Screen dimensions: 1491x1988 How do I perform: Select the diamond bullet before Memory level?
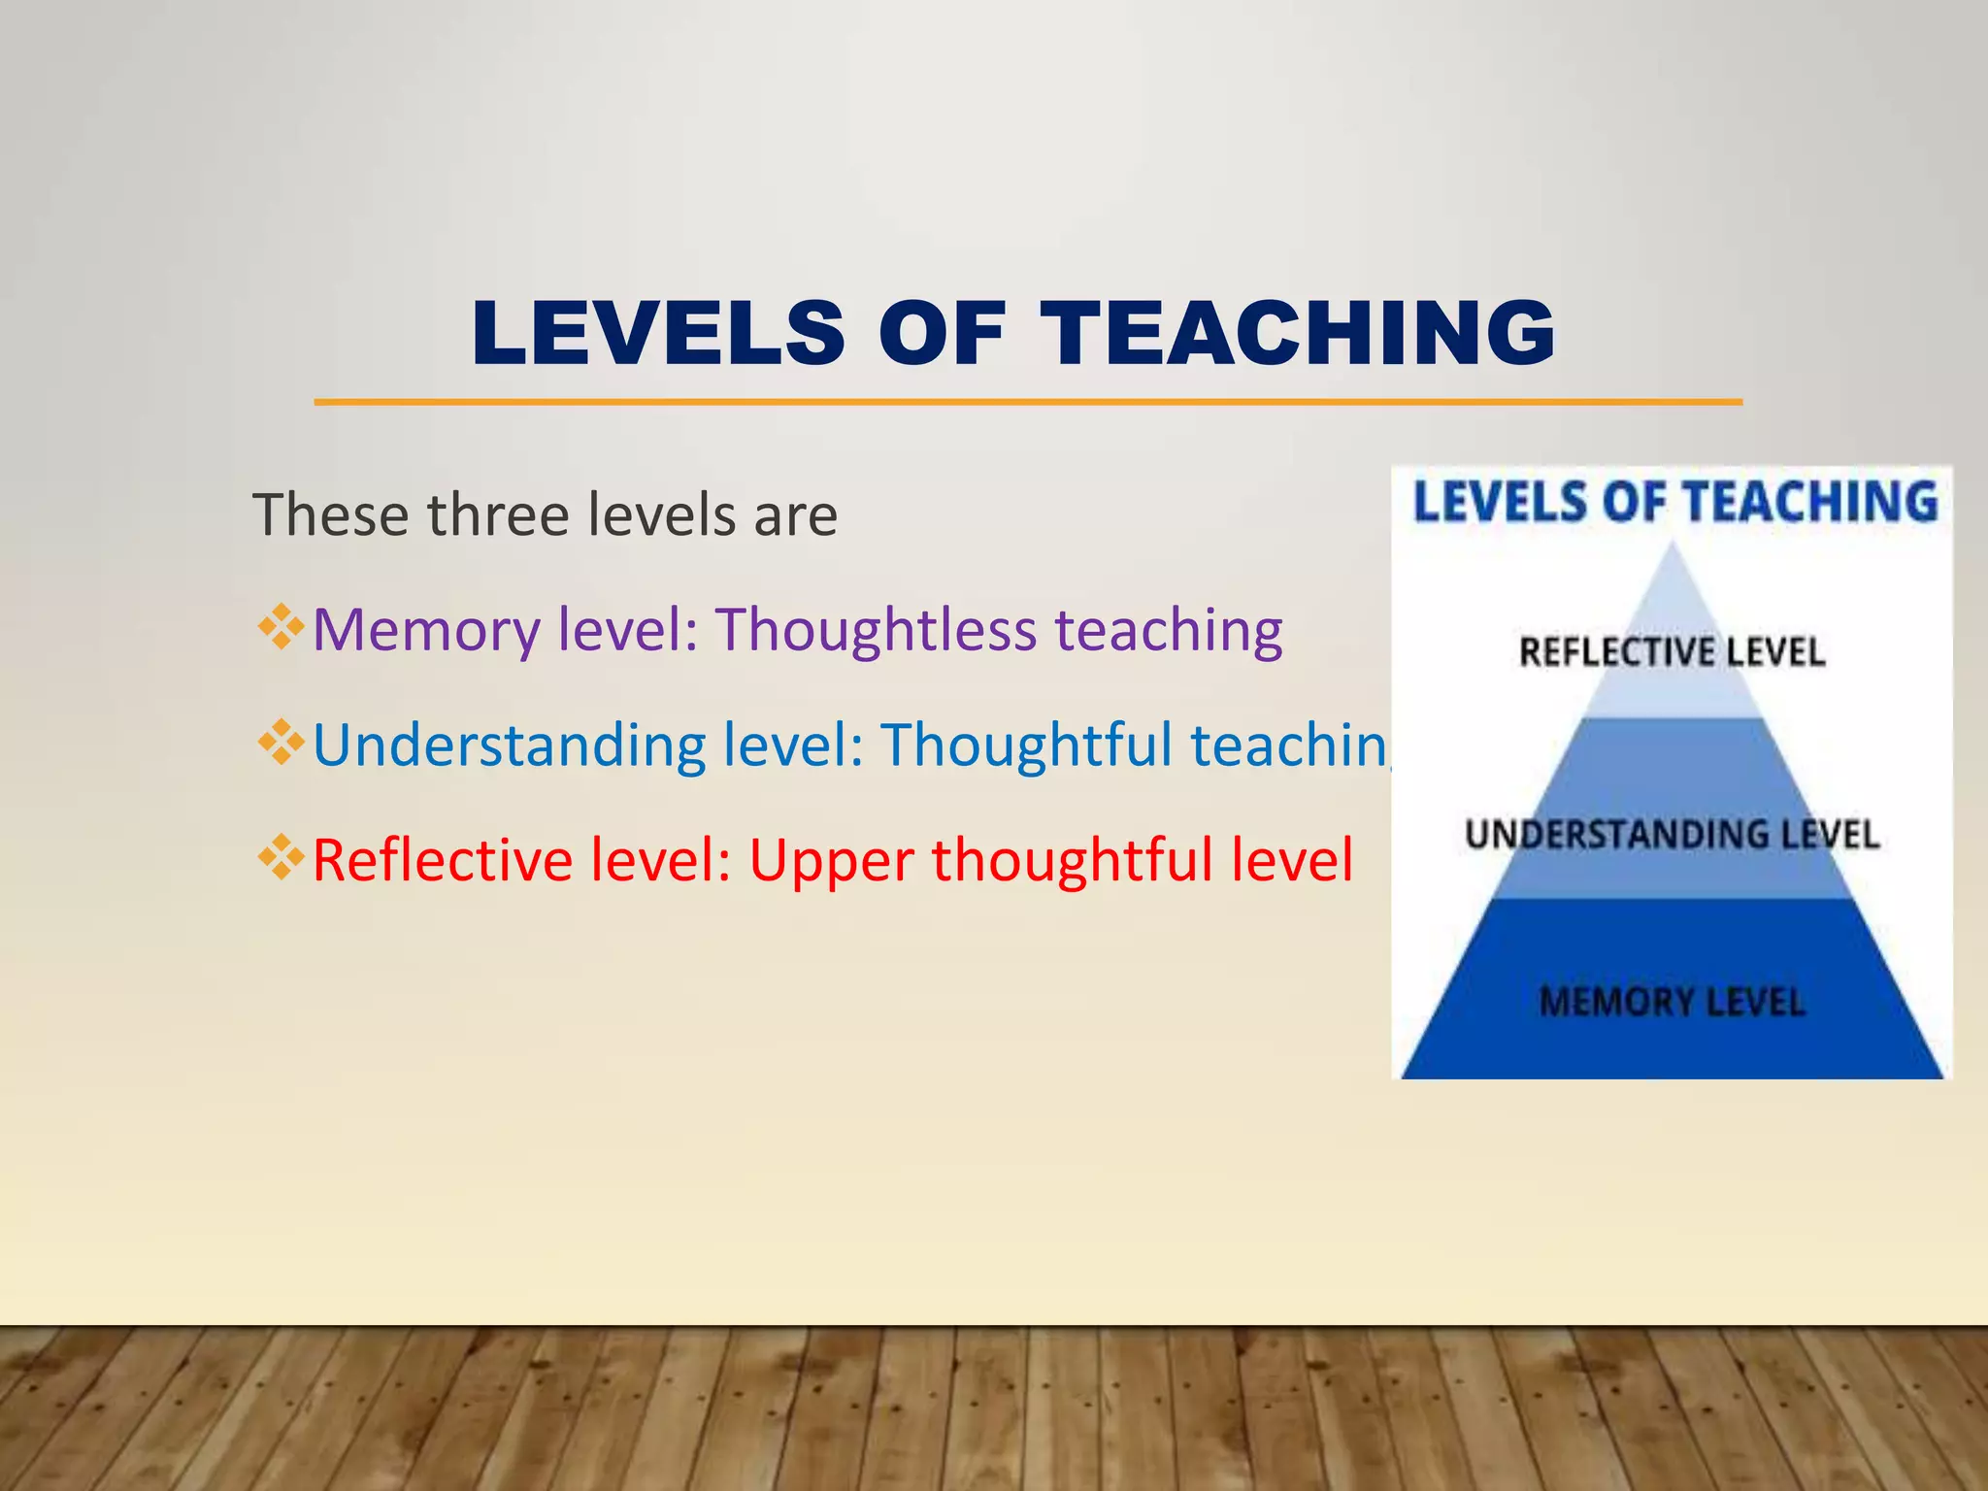point(281,627)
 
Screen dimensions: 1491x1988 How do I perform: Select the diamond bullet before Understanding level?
point(281,743)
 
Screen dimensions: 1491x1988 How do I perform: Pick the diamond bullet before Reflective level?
point(281,857)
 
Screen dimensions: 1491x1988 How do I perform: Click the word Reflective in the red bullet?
point(443,860)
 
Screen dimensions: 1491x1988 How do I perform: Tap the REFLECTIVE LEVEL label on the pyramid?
point(1672,652)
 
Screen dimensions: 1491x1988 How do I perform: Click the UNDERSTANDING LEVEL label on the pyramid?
point(1672,835)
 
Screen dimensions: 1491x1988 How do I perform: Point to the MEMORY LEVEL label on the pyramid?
point(1672,1002)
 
